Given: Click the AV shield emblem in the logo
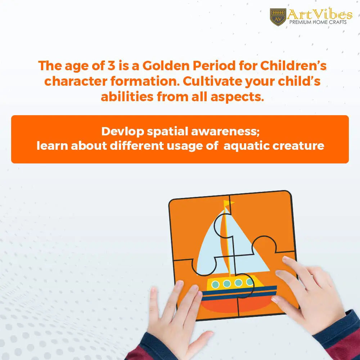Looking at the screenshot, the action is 278,17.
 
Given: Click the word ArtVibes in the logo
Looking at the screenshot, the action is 320,15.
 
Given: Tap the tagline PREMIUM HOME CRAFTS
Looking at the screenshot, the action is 318,22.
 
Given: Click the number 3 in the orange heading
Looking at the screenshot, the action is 111,66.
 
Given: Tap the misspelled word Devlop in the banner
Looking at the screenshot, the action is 123,132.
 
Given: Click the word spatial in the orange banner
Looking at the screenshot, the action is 167,132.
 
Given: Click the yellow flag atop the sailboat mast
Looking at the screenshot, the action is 229,203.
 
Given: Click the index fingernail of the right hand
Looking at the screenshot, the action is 285,259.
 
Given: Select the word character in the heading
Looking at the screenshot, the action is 76,81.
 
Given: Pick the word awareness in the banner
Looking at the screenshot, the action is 225,132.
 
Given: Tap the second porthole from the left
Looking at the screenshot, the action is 226,284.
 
